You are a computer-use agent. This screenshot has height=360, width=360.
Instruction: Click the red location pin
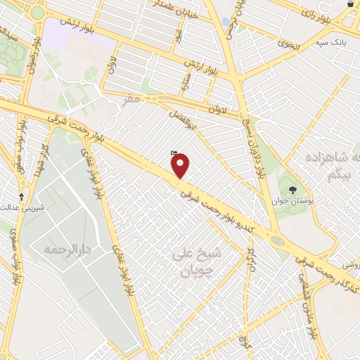pos(181,166)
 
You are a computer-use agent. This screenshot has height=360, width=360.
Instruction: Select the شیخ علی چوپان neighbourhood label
pos(192,262)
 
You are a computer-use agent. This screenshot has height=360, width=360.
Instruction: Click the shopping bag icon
pos(351,4)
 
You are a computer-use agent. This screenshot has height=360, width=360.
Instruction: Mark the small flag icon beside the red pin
pos(174,152)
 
